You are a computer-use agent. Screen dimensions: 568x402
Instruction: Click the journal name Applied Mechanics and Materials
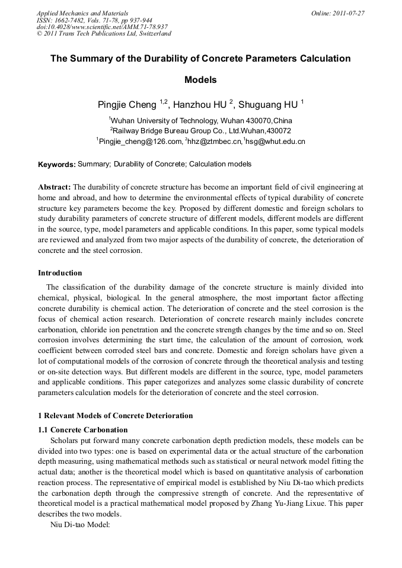[82, 13]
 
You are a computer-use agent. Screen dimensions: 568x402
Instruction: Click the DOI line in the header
[102, 27]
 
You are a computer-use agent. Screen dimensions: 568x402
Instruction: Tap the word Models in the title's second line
[200, 79]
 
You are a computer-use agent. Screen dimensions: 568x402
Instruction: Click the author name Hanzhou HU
[202, 105]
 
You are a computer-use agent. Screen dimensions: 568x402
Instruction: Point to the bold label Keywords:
[56, 164]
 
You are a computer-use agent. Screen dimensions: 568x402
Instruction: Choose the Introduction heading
[60, 273]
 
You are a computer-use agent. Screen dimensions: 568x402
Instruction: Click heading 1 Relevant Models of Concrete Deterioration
[115, 415]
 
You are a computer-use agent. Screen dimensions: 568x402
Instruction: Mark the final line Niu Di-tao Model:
[80, 524]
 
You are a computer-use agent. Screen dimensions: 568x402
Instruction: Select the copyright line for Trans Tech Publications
[104, 34]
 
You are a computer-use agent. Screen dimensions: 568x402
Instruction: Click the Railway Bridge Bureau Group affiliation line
[201, 130]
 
